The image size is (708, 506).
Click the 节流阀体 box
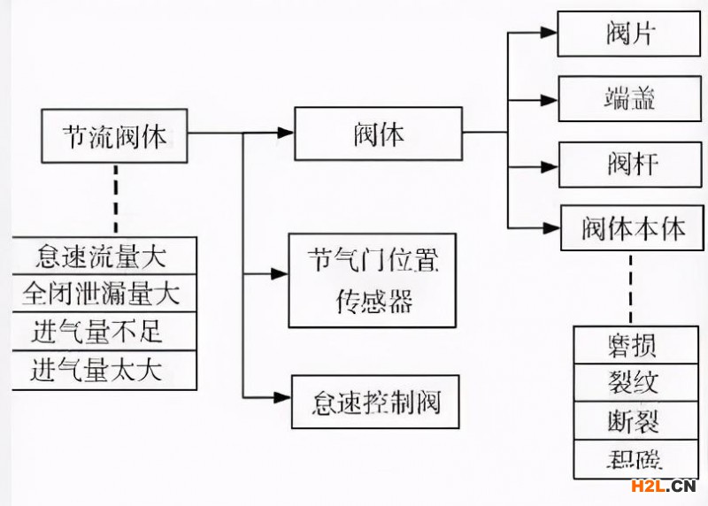[x=114, y=137]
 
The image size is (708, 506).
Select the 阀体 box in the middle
[x=378, y=134]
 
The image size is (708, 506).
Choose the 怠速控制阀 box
[x=375, y=403]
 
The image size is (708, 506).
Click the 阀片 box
[x=632, y=36]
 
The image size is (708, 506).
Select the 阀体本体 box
[x=633, y=229]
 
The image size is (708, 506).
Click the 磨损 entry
[x=633, y=345]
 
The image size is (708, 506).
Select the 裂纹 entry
[x=633, y=383]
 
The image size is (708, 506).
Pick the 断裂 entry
[x=633, y=422]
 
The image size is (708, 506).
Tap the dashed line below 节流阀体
[x=114, y=199]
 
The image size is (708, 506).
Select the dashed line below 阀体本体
[x=631, y=287]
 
